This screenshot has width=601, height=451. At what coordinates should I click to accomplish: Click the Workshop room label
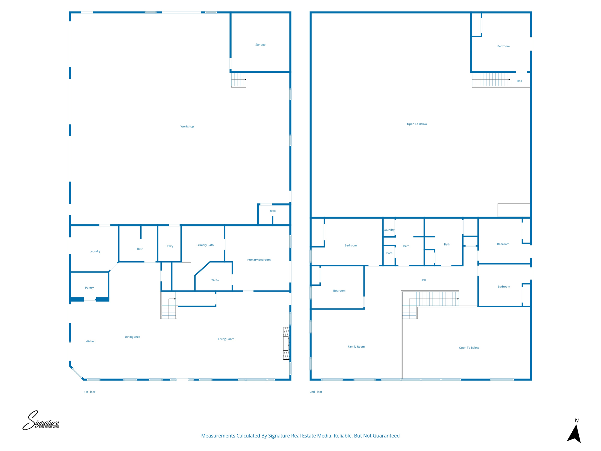pyautogui.click(x=187, y=127)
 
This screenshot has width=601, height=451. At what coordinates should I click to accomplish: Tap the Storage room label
pyautogui.click(x=260, y=45)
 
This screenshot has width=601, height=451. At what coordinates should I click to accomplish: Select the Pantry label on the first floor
pyautogui.click(x=89, y=288)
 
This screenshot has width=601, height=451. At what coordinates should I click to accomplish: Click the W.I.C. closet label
pyautogui.click(x=215, y=280)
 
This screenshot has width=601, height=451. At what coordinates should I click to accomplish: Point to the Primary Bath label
pyautogui.click(x=205, y=245)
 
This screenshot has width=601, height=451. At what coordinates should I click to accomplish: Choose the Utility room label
pyautogui.click(x=169, y=246)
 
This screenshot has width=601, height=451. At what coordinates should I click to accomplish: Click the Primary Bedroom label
pyautogui.click(x=259, y=260)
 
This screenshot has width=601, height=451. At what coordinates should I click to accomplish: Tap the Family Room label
pyautogui.click(x=356, y=346)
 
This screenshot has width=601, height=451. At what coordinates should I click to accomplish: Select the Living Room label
pyautogui.click(x=226, y=339)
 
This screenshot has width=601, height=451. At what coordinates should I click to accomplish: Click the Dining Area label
pyautogui.click(x=132, y=337)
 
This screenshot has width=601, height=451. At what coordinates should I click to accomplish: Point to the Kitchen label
pyautogui.click(x=90, y=341)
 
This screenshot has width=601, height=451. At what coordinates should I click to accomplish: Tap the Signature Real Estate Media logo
pyautogui.click(x=41, y=421)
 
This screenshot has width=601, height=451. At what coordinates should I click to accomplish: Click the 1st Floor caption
pyautogui.click(x=90, y=392)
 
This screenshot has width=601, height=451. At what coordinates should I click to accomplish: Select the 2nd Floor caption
pyautogui.click(x=316, y=392)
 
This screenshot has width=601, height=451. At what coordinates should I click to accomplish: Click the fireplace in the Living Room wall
pyautogui.click(x=286, y=343)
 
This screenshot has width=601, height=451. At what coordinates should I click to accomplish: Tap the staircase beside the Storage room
pyautogui.click(x=238, y=80)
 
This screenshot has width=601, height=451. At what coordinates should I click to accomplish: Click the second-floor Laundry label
pyautogui.click(x=389, y=230)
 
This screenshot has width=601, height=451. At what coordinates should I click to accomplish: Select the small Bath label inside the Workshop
pyautogui.click(x=273, y=211)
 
